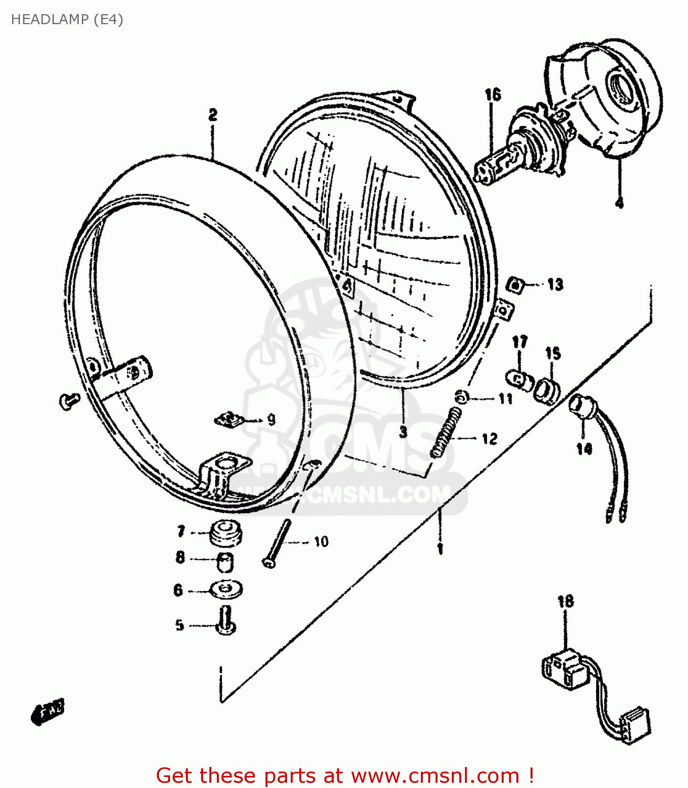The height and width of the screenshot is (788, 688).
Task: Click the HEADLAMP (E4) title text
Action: coord(67,19)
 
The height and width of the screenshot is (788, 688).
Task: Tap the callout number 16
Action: coord(493,95)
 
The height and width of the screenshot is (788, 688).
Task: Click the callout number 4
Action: coord(619,203)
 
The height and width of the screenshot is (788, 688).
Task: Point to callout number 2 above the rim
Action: coord(213,115)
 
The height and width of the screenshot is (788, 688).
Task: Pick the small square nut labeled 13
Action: coord(517,285)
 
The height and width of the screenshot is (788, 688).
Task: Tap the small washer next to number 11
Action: coord(461,397)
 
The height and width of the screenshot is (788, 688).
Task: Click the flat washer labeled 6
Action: coord(226,589)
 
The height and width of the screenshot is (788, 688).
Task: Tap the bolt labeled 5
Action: coord(226,620)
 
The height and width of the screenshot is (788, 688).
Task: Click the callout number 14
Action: coord(584,448)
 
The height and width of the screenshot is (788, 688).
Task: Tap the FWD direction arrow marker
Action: coord(48,711)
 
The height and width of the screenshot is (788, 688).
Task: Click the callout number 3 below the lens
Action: coord(403,432)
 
